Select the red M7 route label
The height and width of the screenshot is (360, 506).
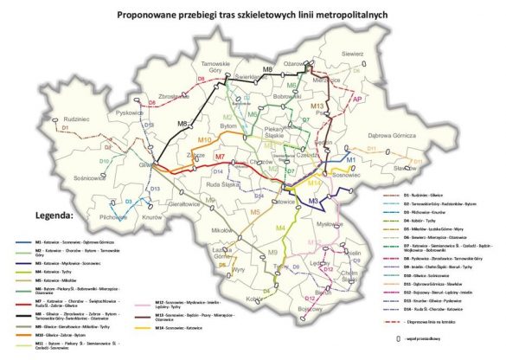(x=220, y=157)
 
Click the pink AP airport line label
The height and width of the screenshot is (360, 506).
(x=355, y=100)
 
